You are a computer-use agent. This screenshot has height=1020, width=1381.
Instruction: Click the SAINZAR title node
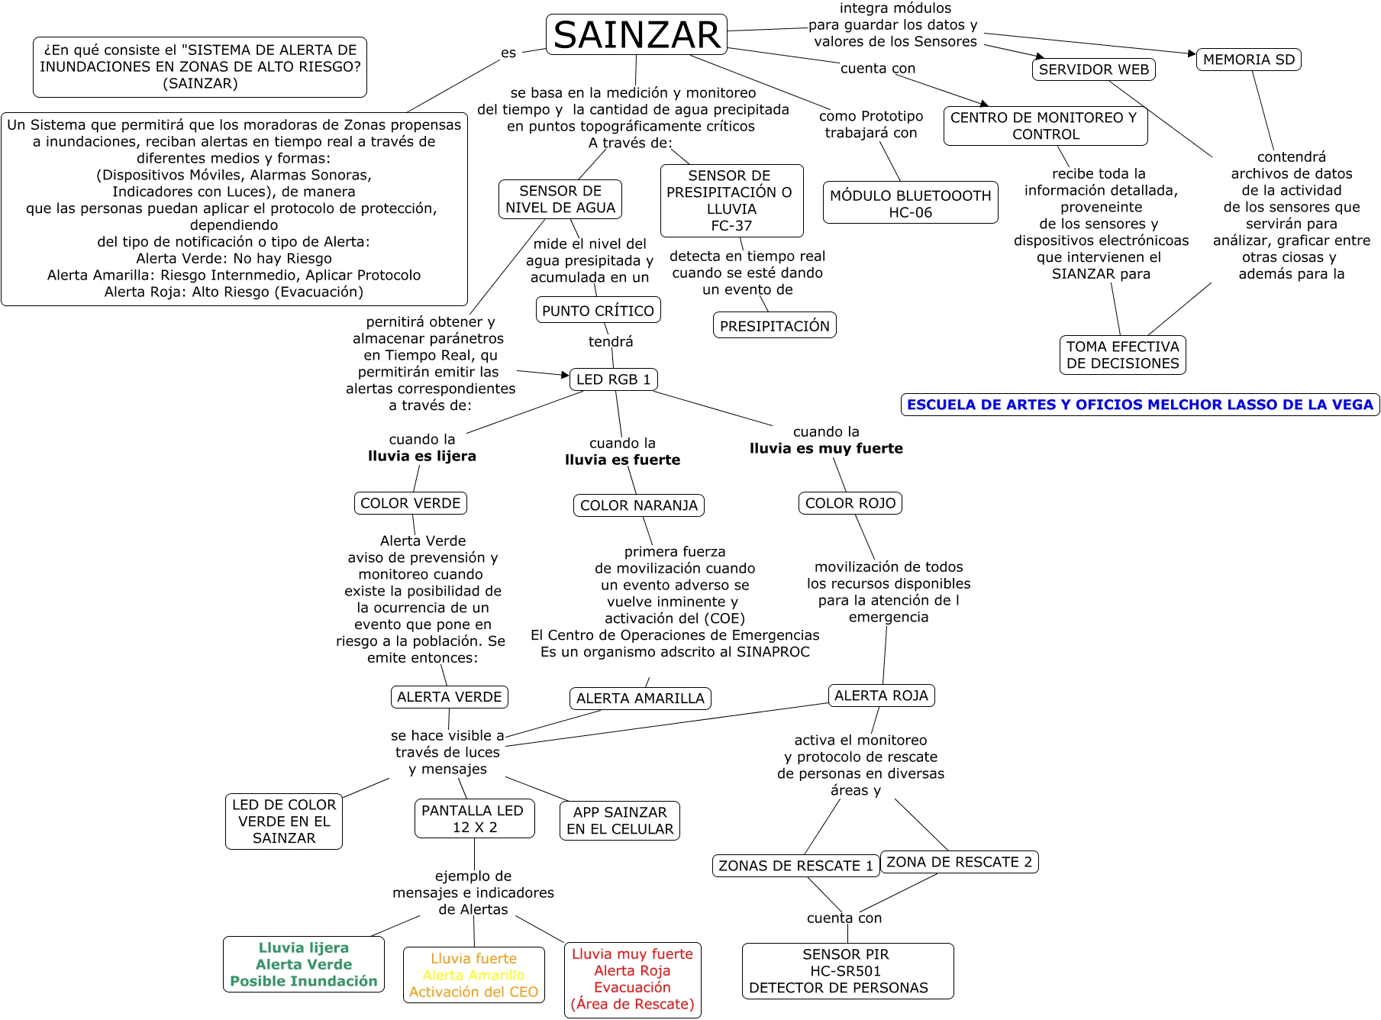637,35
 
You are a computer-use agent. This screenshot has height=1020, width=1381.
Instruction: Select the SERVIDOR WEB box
1093,69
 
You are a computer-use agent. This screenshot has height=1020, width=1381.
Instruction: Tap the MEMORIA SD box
1248,60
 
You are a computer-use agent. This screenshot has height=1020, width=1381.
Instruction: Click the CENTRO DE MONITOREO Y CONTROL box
1045,126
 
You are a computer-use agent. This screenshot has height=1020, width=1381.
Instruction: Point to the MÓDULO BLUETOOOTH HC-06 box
910,204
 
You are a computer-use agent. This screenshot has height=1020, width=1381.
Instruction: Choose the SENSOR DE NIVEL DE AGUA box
560,199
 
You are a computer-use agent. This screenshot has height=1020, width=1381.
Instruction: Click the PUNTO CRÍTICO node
598,311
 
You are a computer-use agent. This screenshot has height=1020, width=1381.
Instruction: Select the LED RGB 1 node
613,379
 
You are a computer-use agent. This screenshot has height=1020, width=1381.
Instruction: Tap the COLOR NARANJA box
638,505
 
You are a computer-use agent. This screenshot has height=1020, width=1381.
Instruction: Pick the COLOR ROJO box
850,503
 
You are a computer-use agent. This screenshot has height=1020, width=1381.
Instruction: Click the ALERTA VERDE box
449,697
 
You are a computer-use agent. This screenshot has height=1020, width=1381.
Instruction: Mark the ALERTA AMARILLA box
640,699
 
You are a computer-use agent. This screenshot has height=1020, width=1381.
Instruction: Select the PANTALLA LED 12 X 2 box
474,818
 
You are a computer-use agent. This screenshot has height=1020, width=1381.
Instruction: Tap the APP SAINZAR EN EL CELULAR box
620,821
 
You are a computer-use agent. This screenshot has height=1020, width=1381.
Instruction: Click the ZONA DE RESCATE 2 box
959,862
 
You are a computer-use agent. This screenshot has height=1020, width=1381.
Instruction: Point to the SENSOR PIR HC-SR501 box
847,971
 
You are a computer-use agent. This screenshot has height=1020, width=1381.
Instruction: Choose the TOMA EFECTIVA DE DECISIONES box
1122,355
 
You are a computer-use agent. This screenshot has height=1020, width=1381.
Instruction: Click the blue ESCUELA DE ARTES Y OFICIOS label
1140,405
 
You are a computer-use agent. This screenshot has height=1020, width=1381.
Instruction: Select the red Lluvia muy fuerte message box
632,980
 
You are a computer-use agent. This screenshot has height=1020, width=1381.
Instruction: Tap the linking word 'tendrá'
611,342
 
